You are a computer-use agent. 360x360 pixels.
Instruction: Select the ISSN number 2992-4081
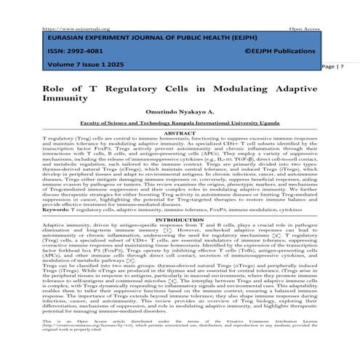[83, 52]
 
